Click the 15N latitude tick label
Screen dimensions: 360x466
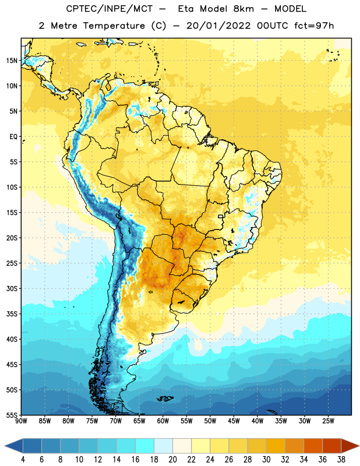pos(12,61)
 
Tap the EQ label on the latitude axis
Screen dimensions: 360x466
pos(13,137)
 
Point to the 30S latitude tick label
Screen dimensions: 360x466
pos(12,288)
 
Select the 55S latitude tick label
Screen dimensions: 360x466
pos(12,415)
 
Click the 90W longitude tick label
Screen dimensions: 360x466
pos(21,421)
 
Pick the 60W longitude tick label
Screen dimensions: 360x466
pos(163,421)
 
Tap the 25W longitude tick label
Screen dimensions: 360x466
pos(328,421)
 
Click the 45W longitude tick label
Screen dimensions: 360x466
pos(234,421)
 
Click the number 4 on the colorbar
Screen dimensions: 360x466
pos(23,460)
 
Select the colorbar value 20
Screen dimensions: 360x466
pos(172,460)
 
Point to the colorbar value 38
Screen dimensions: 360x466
pos(341,460)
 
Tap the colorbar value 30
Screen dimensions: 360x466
pos(266,460)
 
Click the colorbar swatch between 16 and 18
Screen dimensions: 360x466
pos(145,446)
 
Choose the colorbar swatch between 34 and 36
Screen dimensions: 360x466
pos(313,446)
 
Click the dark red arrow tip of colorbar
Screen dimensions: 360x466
pos(358,446)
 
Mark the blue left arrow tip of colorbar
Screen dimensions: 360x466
pos(5,446)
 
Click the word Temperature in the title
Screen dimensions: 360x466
pos(114,26)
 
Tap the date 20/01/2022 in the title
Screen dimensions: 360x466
pos(218,26)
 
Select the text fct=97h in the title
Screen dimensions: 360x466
pos(314,26)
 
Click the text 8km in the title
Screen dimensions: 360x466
pos(243,9)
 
